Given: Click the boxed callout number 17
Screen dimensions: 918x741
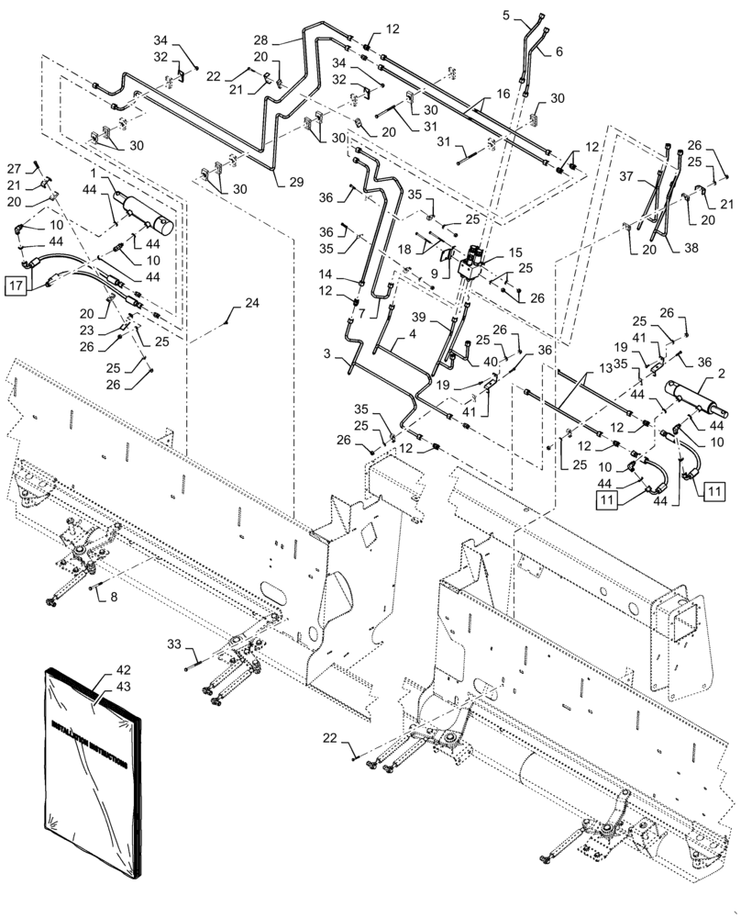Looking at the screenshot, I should coord(17,284).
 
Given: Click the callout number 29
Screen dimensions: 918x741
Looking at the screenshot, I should coord(295,183).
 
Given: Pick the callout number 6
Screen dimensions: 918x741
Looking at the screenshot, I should coord(558,52).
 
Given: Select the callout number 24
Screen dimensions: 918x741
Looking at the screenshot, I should coord(251,303).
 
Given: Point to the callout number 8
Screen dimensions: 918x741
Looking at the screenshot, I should coord(115,597).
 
